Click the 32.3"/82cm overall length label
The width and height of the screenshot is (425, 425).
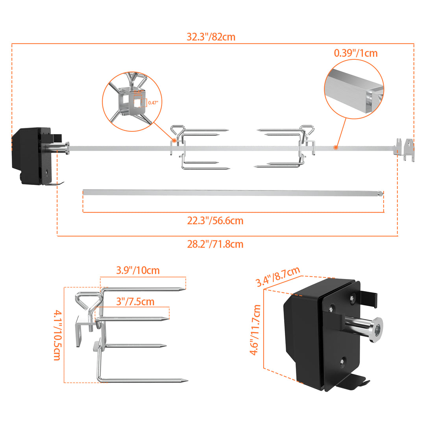click(x=211, y=37)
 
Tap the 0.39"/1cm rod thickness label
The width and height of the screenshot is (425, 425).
click(x=356, y=53)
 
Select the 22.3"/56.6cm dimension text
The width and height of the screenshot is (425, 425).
click(x=215, y=221)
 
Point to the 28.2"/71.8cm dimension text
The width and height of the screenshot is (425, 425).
click(x=215, y=244)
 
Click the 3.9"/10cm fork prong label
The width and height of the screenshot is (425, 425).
click(x=138, y=270)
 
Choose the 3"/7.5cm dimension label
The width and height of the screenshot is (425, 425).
click(x=135, y=301)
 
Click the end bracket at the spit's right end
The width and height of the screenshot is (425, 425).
click(x=405, y=149)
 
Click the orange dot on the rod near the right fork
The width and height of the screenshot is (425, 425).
click(x=335, y=147)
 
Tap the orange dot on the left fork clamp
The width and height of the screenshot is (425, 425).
click(x=174, y=140)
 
